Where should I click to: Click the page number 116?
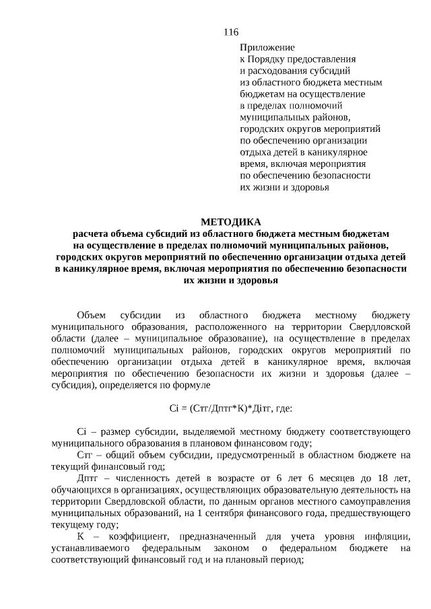[230, 32]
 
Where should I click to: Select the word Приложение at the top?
[267, 47]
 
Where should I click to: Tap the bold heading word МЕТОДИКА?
[230, 221]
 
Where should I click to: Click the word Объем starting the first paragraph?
[92, 314]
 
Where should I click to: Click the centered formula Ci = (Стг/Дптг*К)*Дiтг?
[230, 408]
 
